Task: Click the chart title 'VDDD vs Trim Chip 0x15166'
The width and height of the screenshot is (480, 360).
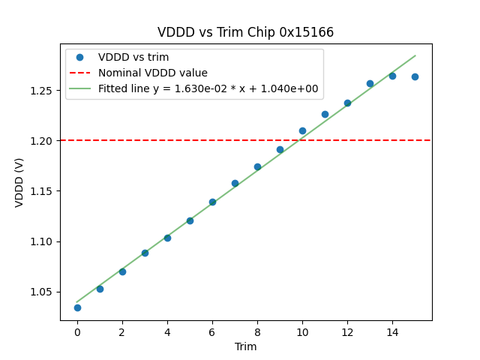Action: tap(245, 32)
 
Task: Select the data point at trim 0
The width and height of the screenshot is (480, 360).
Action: tap(77, 307)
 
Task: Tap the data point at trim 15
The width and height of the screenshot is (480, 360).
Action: tap(415, 76)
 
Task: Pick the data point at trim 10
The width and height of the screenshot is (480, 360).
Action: tap(302, 130)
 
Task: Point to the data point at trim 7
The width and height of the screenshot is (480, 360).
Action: tap(235, 183)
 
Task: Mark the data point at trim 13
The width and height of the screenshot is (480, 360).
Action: tap(370, 83)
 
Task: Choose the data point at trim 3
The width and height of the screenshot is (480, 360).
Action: tap(145, 253)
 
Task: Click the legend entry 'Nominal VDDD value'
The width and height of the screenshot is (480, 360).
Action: tap(152, 73)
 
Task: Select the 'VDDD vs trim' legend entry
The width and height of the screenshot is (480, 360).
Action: tap(133, 57)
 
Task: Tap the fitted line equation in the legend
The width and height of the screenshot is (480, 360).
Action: tap(208, 88)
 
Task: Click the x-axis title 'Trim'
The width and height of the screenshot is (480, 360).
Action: tap(245, 346)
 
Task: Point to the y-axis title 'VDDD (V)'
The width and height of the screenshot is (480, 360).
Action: tap(19, 181)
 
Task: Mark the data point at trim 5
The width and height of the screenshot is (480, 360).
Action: tap(190, 220)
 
